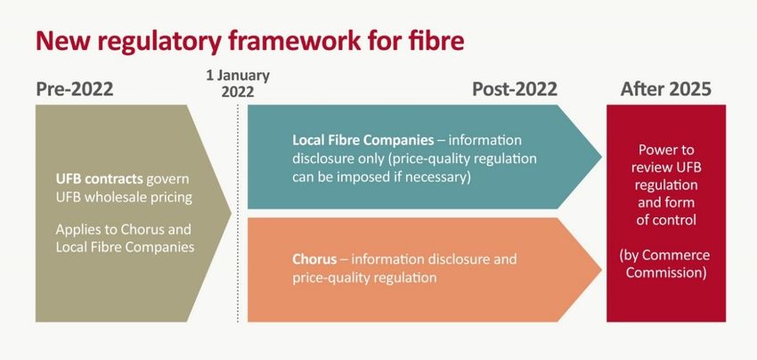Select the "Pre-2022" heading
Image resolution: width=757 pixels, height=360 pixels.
click(x=74, y=89)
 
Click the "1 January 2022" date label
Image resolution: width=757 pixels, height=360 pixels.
click(x=238, y=84)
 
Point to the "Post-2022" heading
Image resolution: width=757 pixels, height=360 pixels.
click(x=515, y=89)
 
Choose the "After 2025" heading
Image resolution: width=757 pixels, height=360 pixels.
click(x=666, y=89)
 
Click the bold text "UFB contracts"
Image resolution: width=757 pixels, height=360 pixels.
click(x=100, y=179)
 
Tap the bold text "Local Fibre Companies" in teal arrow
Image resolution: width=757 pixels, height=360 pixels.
click(x=363, y=140)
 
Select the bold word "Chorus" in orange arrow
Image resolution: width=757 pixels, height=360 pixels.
click(x=314, y=259)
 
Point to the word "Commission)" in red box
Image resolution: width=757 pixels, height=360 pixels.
click(x=666, y=273)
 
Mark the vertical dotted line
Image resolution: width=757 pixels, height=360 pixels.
click(x=238, y=213)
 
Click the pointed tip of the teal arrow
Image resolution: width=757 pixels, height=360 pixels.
click(x=601, y=157)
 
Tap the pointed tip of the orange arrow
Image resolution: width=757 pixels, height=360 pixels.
click(x=601, y=270)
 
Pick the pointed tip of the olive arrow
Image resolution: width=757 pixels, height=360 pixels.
click(x=232, y=213)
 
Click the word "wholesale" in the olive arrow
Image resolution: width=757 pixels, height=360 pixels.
click(x=113, y=198)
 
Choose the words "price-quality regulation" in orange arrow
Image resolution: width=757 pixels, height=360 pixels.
click(x=364, y=278)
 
